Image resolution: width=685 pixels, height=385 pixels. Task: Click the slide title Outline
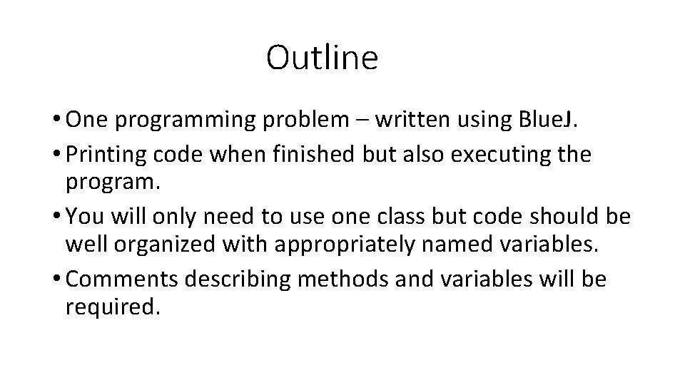pyautogui.click(x=322, y=57)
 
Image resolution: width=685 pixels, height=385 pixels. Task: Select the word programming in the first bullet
pyautogui.click(x=186, y=121)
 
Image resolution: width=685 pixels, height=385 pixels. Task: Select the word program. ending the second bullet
pyautogui.click(x=113, y=185)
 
